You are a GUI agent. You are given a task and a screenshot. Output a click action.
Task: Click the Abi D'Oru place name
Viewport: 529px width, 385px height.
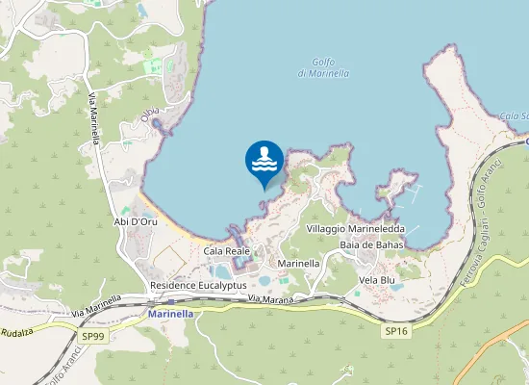click(136, 221)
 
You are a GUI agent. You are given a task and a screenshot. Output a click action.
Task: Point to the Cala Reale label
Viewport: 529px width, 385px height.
click(227, 250)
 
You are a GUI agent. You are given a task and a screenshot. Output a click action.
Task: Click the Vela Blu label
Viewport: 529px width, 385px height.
click(377, 280)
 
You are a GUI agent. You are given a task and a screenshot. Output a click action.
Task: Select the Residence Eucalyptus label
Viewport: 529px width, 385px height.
click(198, 286)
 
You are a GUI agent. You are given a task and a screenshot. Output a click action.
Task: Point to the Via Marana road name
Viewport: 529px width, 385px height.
click(268, 300)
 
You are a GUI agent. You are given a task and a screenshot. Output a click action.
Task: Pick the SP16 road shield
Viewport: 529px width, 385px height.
click(396, 330)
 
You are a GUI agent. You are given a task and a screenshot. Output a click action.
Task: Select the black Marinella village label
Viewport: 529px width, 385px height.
click(298, 263)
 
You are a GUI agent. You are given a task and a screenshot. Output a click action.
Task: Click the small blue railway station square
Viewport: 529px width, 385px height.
click(171, 302)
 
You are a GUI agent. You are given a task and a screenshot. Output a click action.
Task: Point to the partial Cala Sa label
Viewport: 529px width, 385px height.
click(514, 116)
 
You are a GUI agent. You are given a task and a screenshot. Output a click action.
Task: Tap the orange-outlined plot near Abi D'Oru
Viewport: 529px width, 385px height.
click(169, 259)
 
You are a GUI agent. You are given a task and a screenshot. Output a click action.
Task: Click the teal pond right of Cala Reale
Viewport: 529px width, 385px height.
click(265, 281)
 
